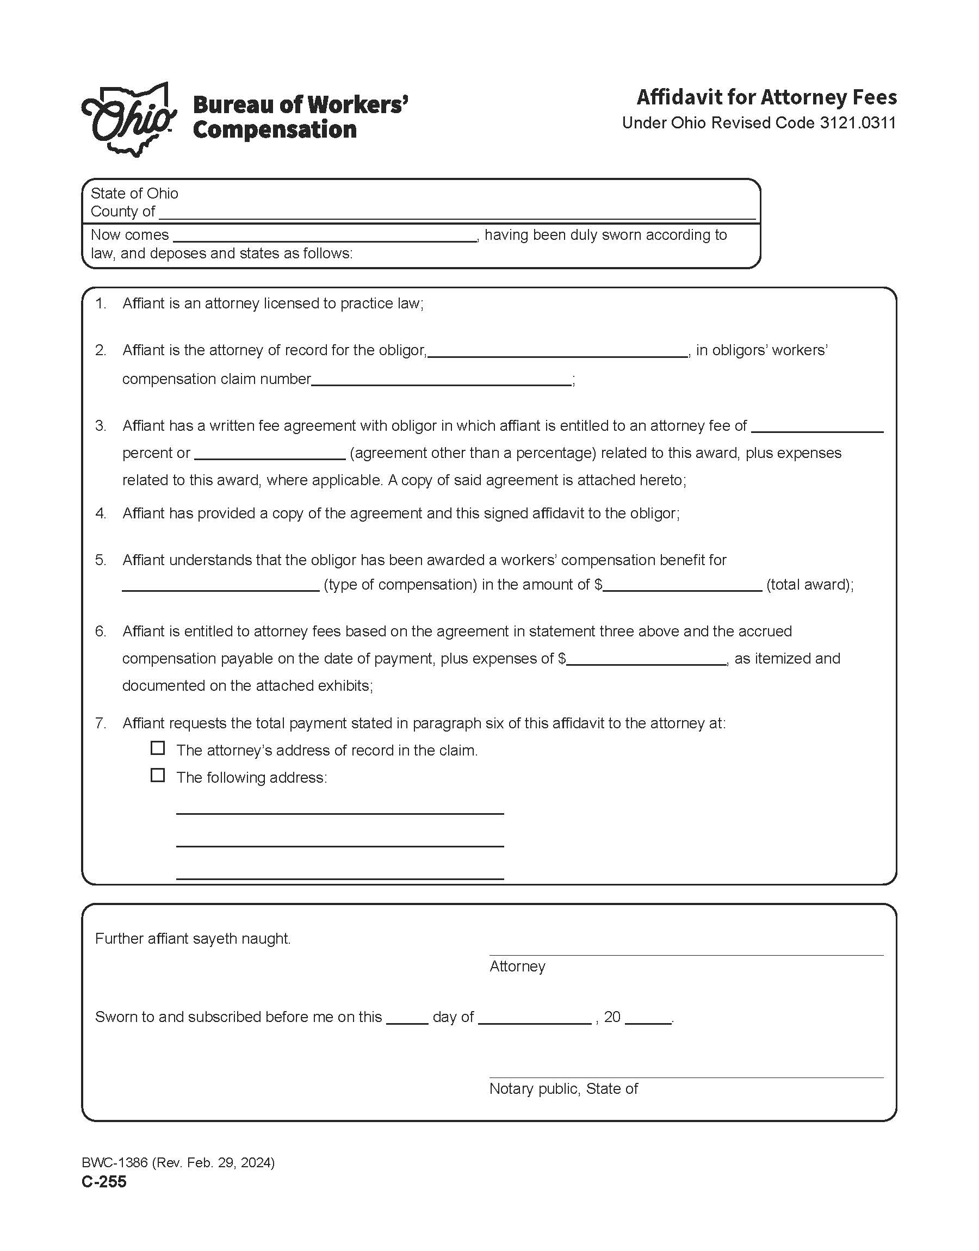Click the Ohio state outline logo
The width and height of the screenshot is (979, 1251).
(129, 119)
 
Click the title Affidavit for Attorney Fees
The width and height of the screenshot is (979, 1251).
(766, 97)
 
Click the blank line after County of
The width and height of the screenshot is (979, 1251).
(457, 213)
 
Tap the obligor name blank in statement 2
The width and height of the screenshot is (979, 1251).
(557, 351)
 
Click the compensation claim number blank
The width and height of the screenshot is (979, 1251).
(441, 379)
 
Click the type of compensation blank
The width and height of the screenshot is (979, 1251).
(220, 585)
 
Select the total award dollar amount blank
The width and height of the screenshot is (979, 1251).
(682, 585)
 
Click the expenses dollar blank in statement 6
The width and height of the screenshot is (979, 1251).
(646, 659)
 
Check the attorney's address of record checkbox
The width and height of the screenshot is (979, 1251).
(158, 748)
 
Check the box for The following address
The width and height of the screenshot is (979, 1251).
(158, 776)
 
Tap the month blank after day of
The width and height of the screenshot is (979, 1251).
(534, 1018)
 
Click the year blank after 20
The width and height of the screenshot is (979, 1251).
(648, 1018)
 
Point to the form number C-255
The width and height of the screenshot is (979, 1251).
(104, 1182)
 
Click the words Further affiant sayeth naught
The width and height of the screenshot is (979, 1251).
(193, 939)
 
